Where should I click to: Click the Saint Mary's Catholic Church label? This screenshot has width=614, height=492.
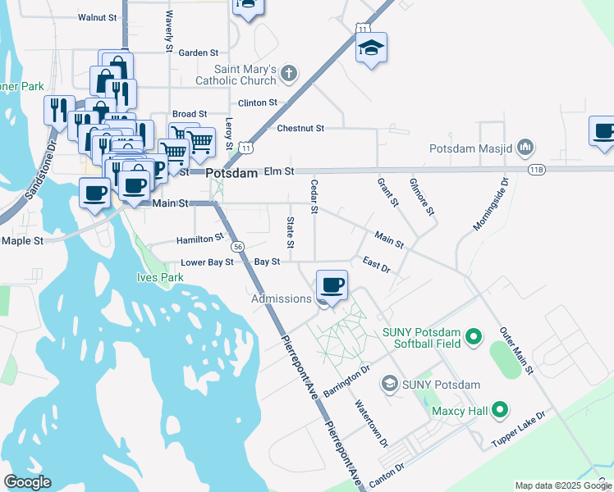235,75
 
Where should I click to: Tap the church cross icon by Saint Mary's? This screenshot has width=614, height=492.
288,75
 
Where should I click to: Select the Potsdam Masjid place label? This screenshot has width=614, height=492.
471,150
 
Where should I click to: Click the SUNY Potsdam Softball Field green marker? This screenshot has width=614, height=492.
473,336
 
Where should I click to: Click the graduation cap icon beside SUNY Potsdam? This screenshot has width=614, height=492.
389,384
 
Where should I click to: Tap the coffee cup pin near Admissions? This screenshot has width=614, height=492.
332,285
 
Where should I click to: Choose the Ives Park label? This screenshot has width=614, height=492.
160,277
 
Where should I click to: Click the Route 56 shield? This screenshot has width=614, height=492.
236,246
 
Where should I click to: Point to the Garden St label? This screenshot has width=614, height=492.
198,52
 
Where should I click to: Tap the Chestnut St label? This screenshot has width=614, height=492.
300,128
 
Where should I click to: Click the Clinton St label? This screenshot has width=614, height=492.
257,102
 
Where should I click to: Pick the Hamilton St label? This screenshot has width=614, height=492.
200,239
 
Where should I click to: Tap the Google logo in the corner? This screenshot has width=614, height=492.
28,482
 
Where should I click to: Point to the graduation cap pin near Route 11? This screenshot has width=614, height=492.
371,48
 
